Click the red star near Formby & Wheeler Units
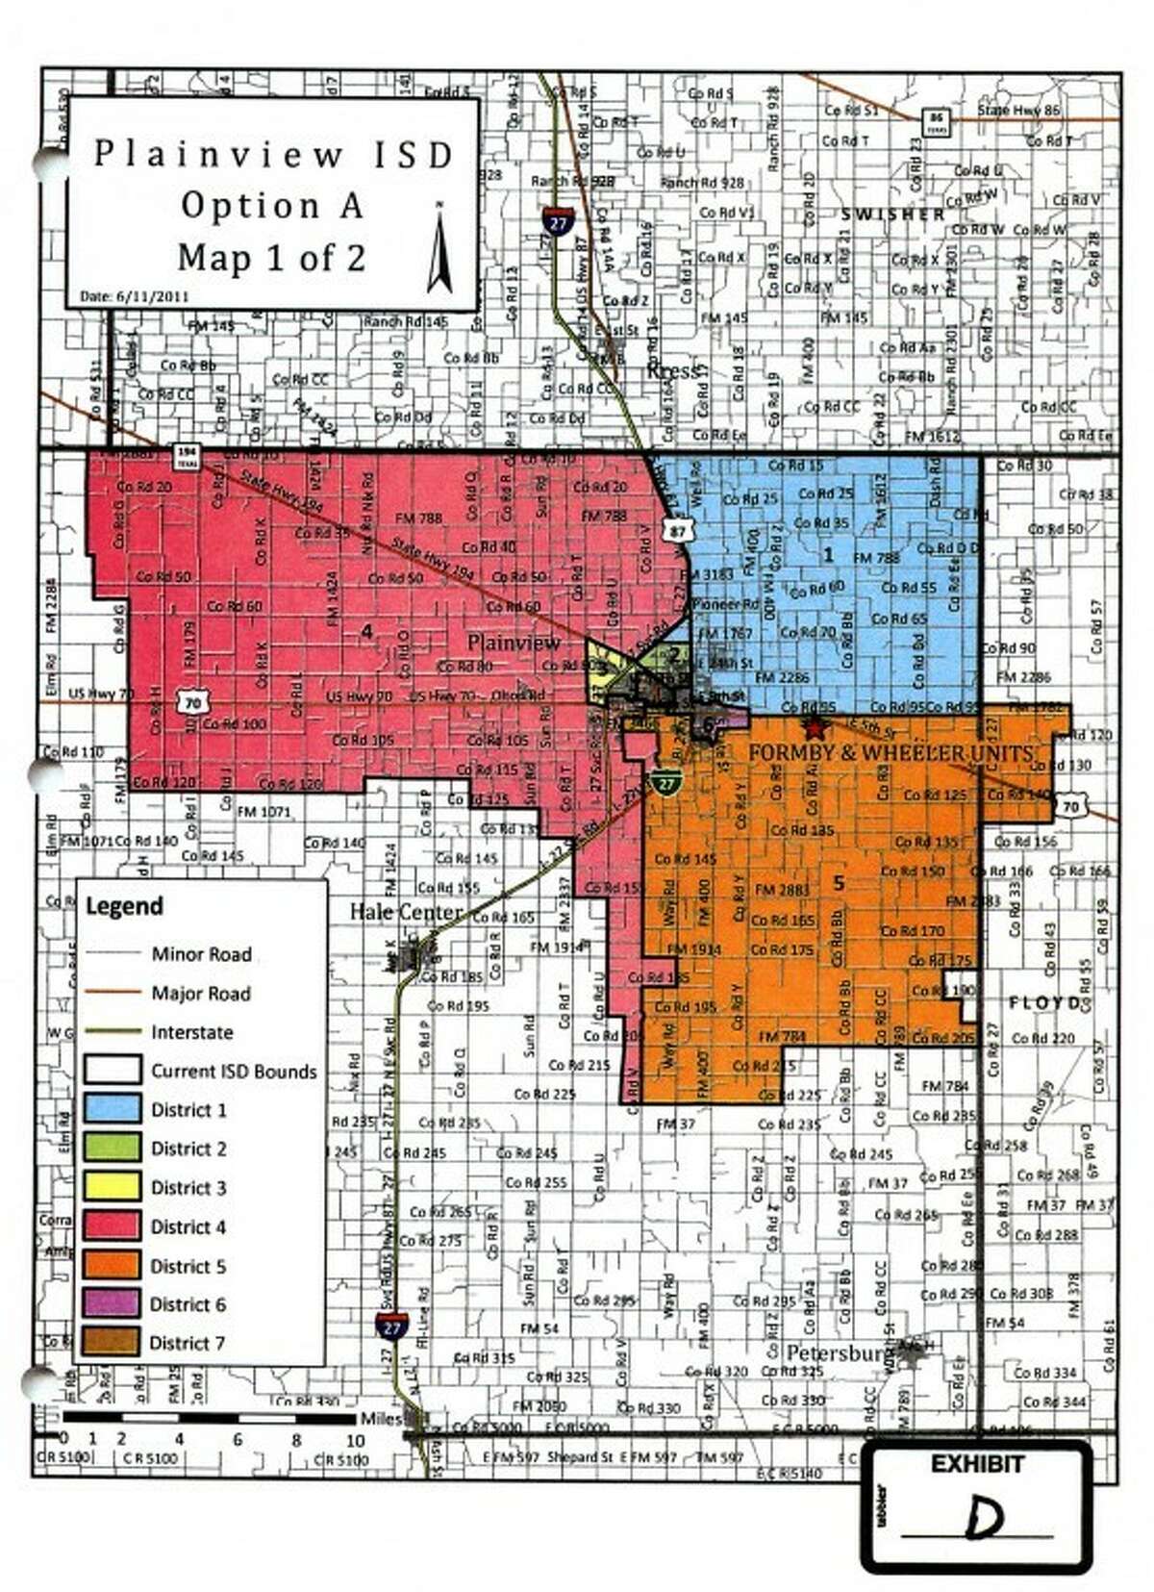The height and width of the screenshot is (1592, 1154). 815,728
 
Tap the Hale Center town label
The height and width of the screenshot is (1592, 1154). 405,912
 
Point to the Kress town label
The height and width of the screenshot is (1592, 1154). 673,370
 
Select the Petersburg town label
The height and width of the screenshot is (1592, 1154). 834,1352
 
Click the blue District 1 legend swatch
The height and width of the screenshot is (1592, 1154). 112,1109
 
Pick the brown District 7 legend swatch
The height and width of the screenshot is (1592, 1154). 112,1342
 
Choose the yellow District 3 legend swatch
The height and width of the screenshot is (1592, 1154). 112,1187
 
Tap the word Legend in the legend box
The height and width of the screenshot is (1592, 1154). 124,906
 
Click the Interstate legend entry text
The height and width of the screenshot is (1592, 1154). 191,1032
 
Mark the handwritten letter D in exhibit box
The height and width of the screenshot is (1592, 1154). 983,1517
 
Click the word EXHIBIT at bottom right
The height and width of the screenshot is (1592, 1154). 977,1465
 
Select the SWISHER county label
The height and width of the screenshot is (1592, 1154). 892,215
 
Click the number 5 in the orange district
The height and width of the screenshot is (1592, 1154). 839,883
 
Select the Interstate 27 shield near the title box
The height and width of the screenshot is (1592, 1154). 556,220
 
